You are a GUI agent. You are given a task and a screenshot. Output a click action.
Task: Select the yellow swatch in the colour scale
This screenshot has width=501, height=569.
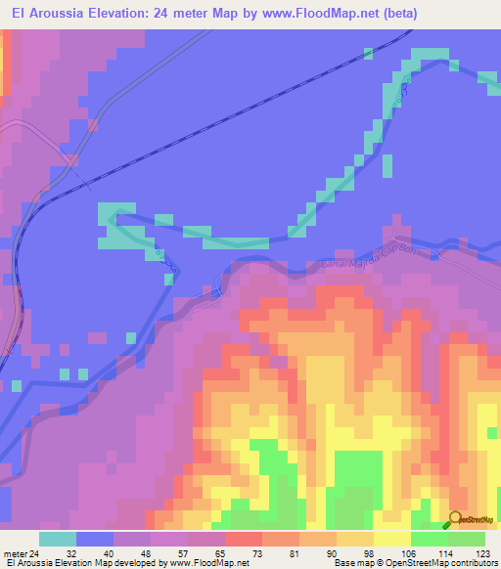point(391,539)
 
